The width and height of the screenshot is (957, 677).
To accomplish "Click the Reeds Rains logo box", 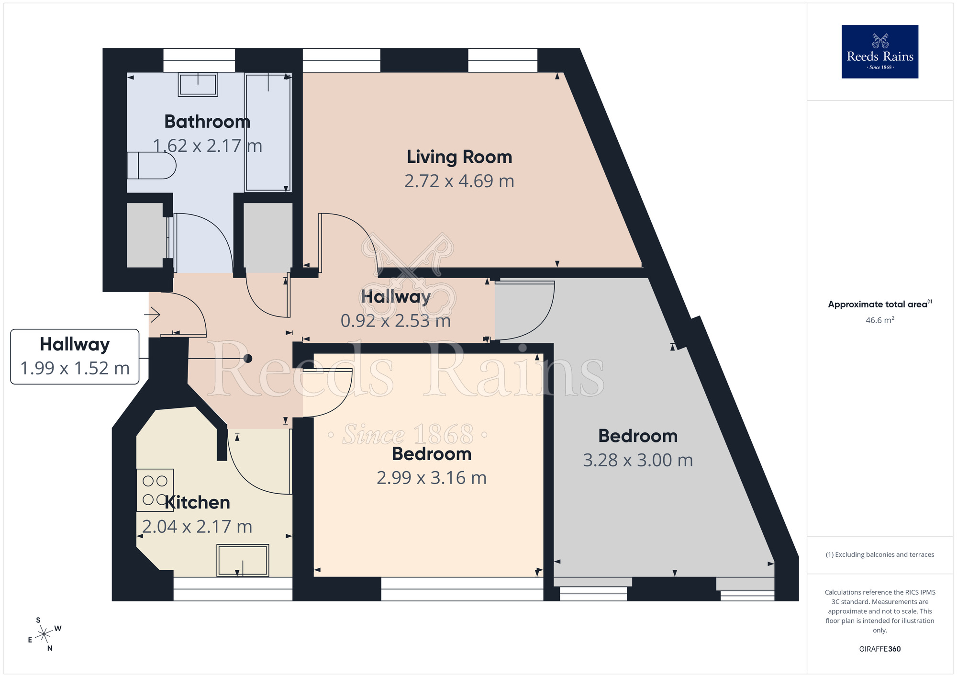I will click(x=879, y=52).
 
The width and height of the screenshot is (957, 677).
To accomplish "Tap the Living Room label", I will click(x=459, y=157).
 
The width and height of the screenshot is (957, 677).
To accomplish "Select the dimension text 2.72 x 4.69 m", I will click(x=459, y=181).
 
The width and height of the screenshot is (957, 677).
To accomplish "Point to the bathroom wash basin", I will click(x=198, y=85).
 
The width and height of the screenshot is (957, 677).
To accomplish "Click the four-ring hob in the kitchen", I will click(x=155, y=490).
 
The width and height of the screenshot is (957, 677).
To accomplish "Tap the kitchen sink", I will click(x=243, y=560).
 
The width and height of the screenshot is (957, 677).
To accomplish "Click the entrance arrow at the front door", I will click(x=152, y=315).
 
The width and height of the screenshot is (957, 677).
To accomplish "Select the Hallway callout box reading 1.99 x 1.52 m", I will click(x=75, y=357).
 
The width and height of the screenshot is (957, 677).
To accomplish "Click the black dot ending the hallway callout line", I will click(x=248, y=358).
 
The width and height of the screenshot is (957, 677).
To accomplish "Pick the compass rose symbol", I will click(x=44, y=634).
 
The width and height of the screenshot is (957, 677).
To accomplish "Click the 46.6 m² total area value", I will click(x=879, y=320).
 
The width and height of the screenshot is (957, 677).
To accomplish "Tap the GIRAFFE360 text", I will click(x=879, y=649).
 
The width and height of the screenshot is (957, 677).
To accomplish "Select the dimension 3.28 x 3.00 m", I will click(x=638, y=460).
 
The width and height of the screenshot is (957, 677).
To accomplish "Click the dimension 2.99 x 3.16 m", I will click(x=432, y=478).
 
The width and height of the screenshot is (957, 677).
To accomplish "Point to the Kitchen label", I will click(x=197, y=502).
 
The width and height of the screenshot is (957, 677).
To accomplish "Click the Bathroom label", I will click(x=207, y=122).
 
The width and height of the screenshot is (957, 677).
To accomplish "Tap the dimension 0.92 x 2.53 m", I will click(x=396, y=321).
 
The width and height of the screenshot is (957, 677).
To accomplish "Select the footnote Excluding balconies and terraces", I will click(x=879, y=554).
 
